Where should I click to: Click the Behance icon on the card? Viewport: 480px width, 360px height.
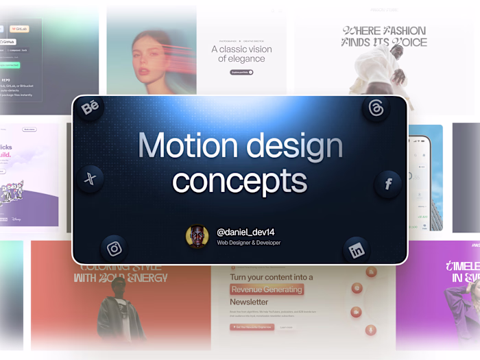[x=90, y=108]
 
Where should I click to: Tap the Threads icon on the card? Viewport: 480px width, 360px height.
[x=376, y=108]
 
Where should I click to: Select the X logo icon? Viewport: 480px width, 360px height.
[x=90, y=179]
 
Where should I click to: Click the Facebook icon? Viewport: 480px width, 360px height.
[x=388, y=184]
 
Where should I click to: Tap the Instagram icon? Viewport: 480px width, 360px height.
[x=114, y=248]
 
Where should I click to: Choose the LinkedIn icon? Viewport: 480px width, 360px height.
[x=357, y=250]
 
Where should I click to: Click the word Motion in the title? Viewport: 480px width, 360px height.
[x=182, y=146]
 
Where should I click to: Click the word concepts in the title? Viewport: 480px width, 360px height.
[x=239, y=180]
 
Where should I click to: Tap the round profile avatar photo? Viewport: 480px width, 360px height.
[x=197, y=237]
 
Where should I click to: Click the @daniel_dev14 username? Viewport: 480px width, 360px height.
[x=245, y=232]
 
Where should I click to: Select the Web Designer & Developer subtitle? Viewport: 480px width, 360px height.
[x=248, y=243]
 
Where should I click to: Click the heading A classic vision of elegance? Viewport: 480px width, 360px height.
[x=241, y=53]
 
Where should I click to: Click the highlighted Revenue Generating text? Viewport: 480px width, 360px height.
[x=266, y=289]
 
